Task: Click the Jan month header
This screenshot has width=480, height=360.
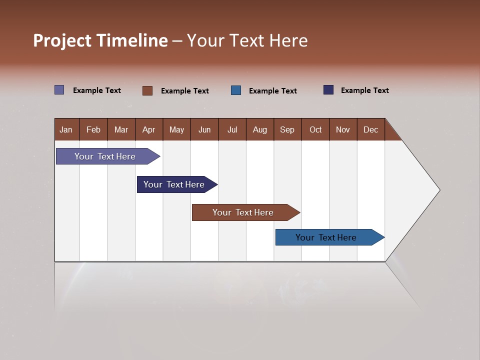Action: pos(66,129)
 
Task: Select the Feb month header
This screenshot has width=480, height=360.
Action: pos(93,129)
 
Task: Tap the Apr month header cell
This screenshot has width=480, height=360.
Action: pos(149,129)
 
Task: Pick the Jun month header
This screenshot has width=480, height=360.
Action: pos(204,129)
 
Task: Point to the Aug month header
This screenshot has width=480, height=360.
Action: pos(260,129)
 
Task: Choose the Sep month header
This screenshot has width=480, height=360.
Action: pos(287,129)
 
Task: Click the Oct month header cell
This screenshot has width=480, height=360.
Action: pos(315,129)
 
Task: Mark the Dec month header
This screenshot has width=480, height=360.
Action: pos(371,129)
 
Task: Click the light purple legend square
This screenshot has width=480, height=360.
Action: pos(59,90)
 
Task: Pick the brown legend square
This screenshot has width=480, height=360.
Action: pos(147,90)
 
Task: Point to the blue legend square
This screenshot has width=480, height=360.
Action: pos(236,90)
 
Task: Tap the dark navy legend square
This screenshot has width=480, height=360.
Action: pos(328,90)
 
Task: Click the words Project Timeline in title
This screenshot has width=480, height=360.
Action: pos(100,40)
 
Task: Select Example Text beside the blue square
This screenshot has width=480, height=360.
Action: pos(273,91)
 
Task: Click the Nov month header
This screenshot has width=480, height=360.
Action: pos(343,129)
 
